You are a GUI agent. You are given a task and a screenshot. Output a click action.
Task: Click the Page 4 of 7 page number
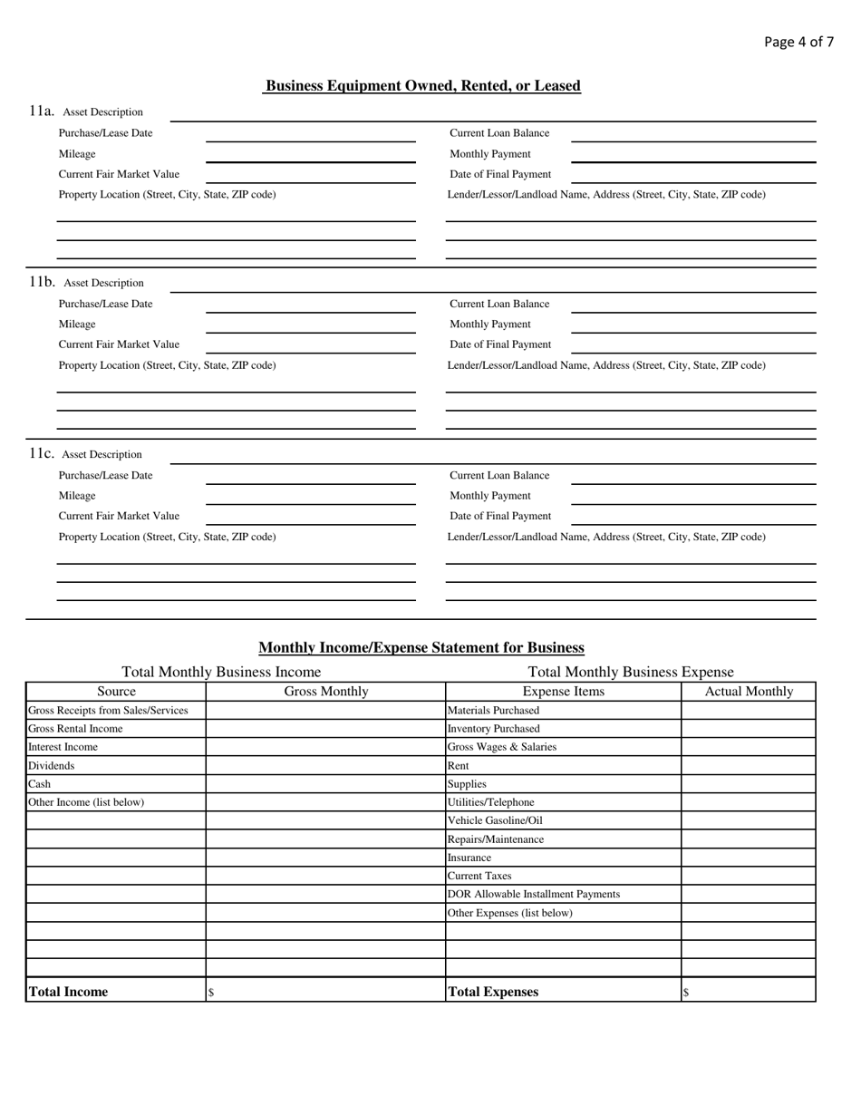point(798,42)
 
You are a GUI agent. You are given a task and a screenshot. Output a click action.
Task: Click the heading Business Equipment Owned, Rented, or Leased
point(422,86)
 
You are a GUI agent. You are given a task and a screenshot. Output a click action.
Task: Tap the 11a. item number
point(42,111)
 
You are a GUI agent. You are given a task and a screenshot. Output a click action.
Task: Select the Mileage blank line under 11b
point(310,329)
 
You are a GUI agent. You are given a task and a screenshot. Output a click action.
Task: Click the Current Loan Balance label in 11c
point(499,475)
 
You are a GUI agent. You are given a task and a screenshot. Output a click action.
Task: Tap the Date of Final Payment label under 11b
point(500,344)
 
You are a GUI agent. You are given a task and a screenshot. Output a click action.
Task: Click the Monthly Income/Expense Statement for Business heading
point(421,648)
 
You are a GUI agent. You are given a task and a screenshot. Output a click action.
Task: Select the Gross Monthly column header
point(326,692)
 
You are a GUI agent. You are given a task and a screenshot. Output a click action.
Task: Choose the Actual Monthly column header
point(749,692)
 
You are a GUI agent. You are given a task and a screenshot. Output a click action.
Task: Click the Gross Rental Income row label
point(75,729)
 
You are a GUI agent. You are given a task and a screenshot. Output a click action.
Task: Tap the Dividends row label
point(52,765)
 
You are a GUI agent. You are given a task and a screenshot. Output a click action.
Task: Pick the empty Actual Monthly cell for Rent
point(749,765)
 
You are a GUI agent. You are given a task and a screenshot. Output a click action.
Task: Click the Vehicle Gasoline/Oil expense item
point(495,820)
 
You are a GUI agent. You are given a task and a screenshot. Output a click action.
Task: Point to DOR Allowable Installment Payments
point(534,894)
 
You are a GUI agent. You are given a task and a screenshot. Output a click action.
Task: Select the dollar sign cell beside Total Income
point(325,992)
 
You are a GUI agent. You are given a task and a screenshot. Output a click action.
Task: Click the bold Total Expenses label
point(493,992)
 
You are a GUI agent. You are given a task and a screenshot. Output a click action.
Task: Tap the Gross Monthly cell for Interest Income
point(325,747)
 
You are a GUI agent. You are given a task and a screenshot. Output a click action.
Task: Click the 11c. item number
point(42,453)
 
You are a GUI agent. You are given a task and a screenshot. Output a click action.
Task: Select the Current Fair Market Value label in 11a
point(119,174)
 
